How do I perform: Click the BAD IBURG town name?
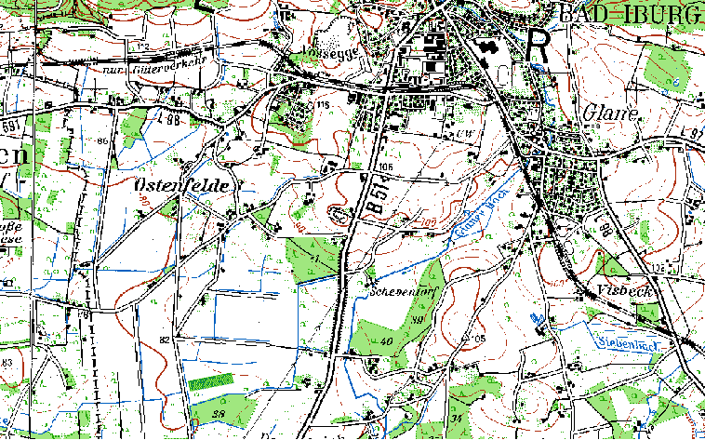pyautogui.click(x=630, y=14)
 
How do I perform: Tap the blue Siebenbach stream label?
pyautogui.click(x=629, y=345)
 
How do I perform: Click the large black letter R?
pyautogui.click(x=539, y=44)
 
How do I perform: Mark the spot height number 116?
pyautogui.click(x=323, y=105)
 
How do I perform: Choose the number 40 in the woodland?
pyautogui.click(x=385, y=342)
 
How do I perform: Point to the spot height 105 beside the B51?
pyautogui.click(x=385, y=166)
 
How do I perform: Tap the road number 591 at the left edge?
pyautogui.click(x=10, y=124)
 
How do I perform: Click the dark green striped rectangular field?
pyautogui.click(x=211, y=381)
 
